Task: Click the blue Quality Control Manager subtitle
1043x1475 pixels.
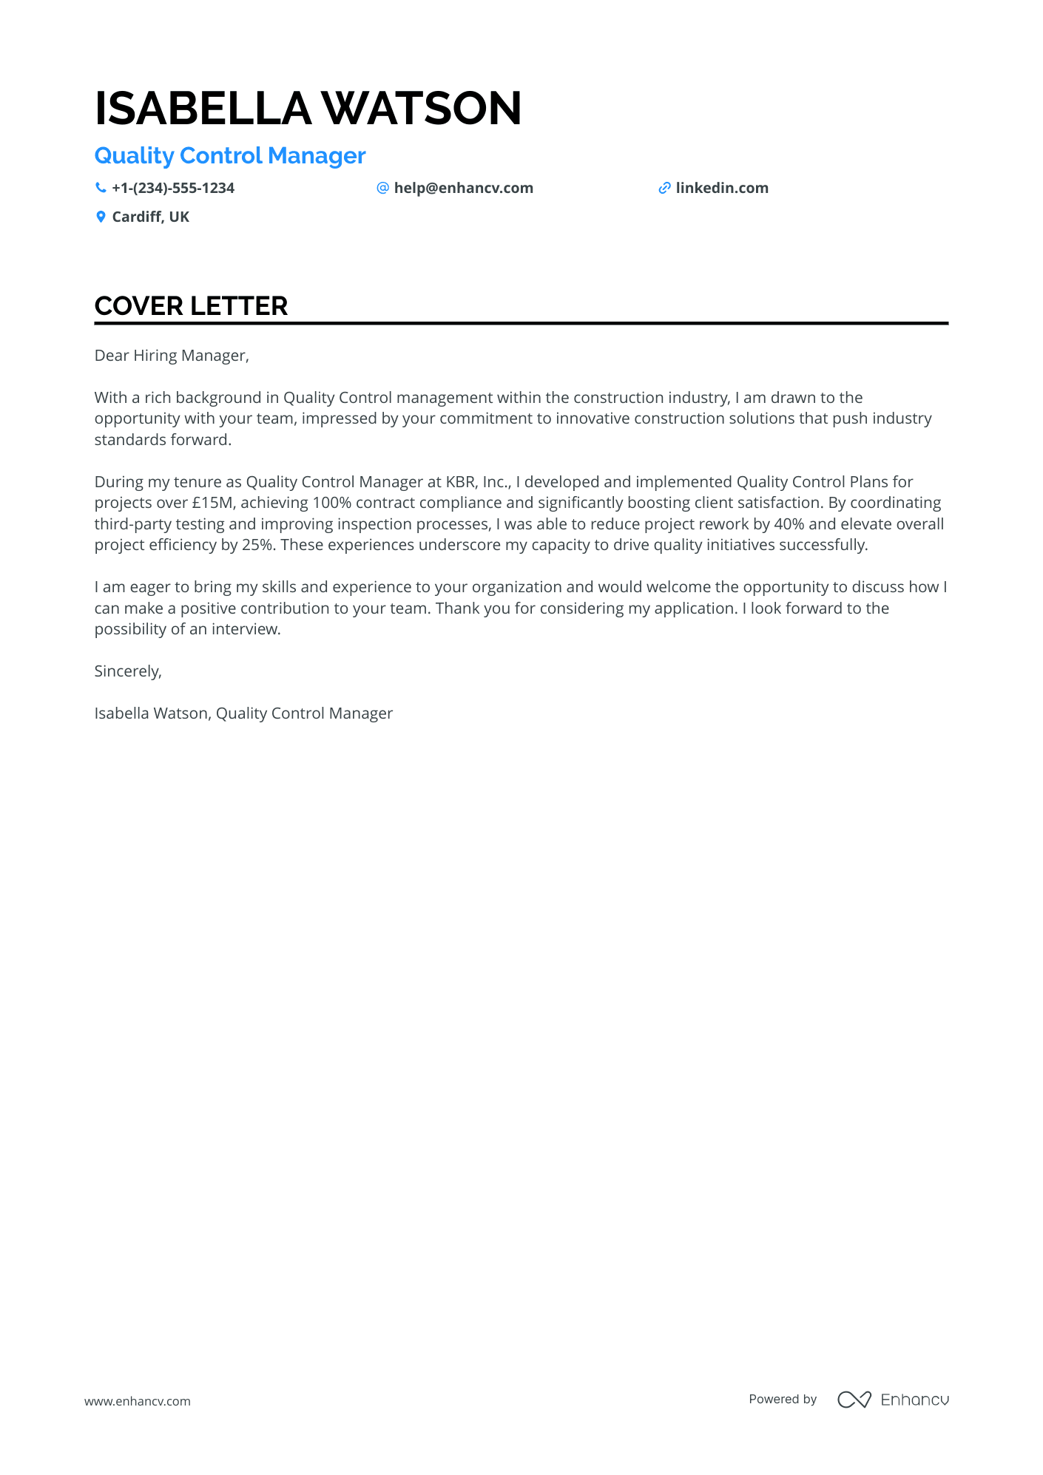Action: (x=230, y=156)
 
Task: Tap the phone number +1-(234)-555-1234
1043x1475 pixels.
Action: (x=173, y=189)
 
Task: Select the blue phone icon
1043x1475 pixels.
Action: (x=101, y=189)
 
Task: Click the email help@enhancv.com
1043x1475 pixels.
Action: (x=463, y=189)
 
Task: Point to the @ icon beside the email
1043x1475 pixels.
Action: (x=382, y=189)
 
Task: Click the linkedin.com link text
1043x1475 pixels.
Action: (x=722, y=189)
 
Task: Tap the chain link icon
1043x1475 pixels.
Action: (x=664, y=189)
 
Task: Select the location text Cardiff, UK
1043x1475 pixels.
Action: (x=151, y=217)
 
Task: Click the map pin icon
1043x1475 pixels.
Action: (x=101, y=217)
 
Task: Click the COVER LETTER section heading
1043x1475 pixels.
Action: (x=191, y=307)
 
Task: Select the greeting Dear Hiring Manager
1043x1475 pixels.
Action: (x=172, y=356)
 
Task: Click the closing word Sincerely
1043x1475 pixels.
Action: (x=127, y=671)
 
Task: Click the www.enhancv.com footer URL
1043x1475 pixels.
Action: (x=138, y=1401)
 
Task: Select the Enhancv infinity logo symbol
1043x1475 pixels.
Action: (x=854, y=1400)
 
